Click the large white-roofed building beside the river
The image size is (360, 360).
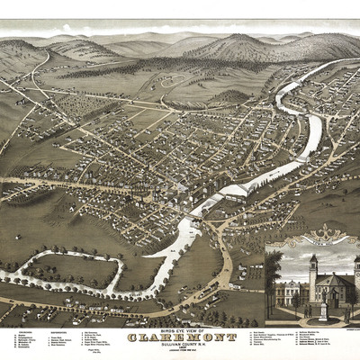(x=236, y=191)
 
